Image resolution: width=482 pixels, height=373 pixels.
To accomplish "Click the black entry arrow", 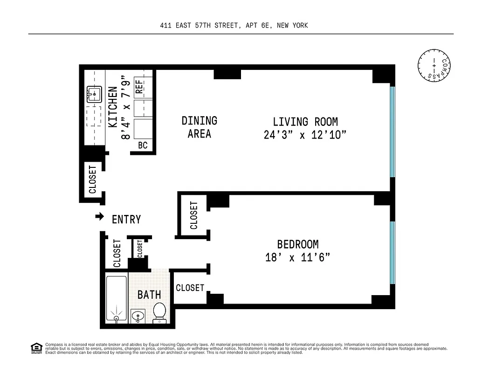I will tap(99, 216).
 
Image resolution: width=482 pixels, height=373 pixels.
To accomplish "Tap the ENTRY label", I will tap(126, 219).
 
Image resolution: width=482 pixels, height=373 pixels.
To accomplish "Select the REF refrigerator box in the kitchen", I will tap(139, 87).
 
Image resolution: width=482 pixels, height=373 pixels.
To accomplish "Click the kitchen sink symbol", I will tap(94, 95).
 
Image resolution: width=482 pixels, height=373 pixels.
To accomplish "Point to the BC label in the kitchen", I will tap(143, 145).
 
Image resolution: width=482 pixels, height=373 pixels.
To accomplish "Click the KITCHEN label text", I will tap(113, 107).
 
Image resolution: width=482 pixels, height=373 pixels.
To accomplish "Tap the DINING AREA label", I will tap(200, 127).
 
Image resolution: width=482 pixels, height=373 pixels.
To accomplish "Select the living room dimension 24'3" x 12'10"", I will tap(305, 135).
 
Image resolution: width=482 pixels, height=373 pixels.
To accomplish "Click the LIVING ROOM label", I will tap(305, 122).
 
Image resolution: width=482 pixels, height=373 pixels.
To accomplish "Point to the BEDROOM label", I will tap(297, 244).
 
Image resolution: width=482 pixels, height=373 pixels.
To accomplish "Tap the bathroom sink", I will tap(138, 317).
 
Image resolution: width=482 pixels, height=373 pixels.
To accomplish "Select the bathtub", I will tap(116, 298).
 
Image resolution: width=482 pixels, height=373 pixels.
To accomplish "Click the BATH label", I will tap(149, 295).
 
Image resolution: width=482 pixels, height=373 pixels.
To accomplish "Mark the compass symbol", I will tap(434, 65).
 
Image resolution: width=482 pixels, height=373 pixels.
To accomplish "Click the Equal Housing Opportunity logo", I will tap(36, 348).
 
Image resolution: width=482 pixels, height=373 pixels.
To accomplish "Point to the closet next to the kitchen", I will tap(92, 179).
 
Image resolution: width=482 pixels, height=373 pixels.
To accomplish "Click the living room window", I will tap(392, 131).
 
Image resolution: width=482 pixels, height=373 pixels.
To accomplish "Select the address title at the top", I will tap(234, 26).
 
